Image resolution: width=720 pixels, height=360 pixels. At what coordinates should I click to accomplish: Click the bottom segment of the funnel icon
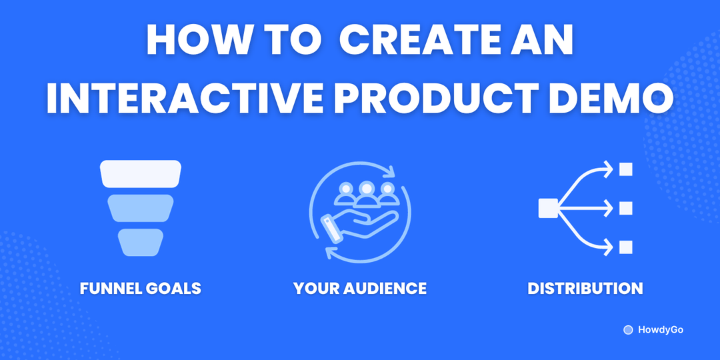pyautogui.click(x=141, y=242)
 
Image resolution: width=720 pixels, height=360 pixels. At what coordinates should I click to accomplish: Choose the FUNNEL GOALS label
pyautogui.click(x=141, y=289)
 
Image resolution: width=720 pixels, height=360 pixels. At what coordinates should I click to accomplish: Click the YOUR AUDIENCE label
pyautogui.click(x=360, y=289)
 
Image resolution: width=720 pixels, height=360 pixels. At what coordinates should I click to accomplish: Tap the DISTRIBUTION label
pyautogui.click(x=585, y=289)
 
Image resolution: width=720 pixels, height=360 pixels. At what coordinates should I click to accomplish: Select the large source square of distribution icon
pyautogui.click(x=547, y=209)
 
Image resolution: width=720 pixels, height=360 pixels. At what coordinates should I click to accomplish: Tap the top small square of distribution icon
pyautogui.click(x=625, y=169)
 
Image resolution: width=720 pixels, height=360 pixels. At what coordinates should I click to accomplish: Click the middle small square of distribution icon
pyautogui.click(x=625, y=209)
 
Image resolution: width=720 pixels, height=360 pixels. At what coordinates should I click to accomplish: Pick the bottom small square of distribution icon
pyautogui.click(x=625, y=248)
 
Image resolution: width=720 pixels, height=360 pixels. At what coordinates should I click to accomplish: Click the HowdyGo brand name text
pyautogui.click(x=660, y=330)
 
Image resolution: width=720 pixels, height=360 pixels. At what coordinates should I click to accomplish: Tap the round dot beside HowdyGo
pyautogui.click(x=627, y=330)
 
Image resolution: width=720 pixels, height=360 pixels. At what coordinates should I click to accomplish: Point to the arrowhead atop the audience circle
pyautogui.click(x=389, y=172)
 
